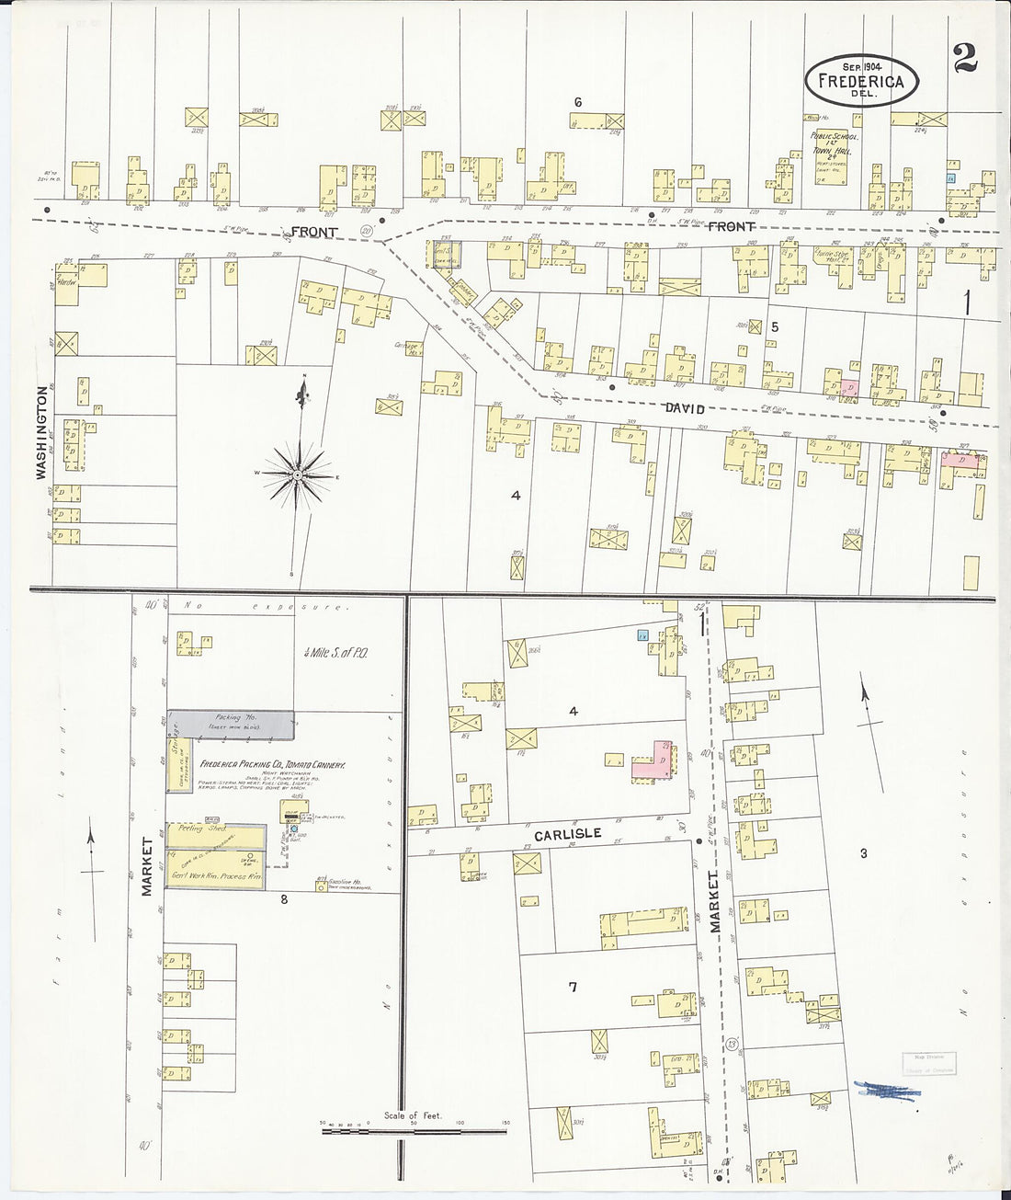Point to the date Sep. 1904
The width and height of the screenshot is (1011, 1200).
tap(855, 66)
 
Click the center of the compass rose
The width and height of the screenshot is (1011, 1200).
tap(298, 474)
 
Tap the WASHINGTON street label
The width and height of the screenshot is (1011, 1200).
tap(41, 432)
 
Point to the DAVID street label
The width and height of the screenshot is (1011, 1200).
tap(686, 408)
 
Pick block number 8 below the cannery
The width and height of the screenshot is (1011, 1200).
tap(284, 899)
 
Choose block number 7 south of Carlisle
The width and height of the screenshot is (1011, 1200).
tap(573, 988)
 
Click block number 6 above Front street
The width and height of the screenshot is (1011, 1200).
tap(577, 102)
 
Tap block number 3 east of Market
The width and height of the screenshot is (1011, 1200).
tap(863, 853)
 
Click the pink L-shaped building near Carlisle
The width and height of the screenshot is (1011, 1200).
tap(653, 762)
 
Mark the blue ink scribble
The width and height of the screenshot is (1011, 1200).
tap(886, 1090)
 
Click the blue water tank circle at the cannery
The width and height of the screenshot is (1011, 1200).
tap(294, 829)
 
